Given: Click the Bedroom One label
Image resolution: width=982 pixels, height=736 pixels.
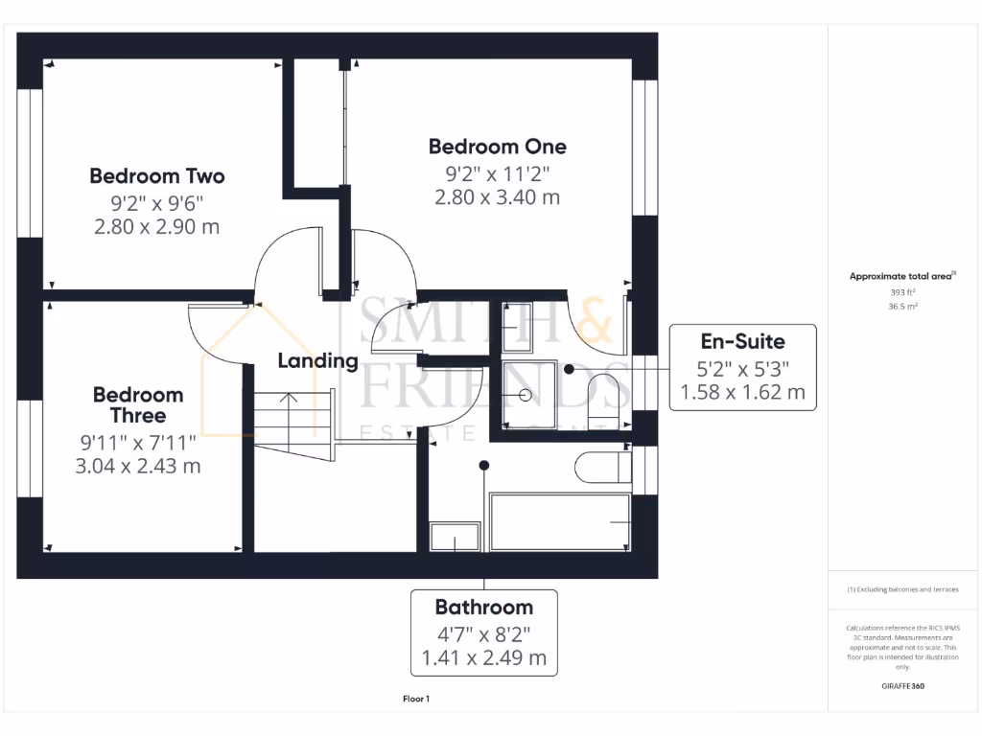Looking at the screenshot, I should pyautogui.click(x=497, y=147).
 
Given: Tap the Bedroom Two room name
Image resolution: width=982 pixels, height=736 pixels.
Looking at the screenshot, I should pyautogui.click(x=157, y=176).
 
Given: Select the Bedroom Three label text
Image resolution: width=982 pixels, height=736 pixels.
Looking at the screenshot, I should pyautogui.click(x=138, y=404).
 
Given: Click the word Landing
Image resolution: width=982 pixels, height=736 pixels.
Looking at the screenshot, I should pyautogui.click(x=317, y=361).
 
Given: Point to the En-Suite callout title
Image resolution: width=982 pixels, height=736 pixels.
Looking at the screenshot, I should pyautogui.click(x=742, y=341).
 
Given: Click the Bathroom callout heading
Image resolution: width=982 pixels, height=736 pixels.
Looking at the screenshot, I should pyautogui.click(x=483, y=607).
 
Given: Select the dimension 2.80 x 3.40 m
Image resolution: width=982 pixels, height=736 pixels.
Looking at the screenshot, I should pyautogui.click(x=497, y=198).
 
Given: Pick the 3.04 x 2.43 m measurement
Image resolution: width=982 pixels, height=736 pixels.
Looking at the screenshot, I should pyautogui.click(x=138, y=467).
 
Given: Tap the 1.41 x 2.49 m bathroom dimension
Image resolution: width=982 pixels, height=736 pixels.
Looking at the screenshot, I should pyautogui.click(x=483, y=658).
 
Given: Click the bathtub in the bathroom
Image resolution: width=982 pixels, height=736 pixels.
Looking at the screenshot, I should pyautogui.click(x=560, y=521).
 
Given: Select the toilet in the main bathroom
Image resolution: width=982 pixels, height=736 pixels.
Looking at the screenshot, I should pyautogui.click(x=602, y=468).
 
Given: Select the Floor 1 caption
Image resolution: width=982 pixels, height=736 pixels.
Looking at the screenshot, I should pyautogui.click(x=416, y=700).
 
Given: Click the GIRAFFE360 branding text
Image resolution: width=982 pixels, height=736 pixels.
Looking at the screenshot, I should pyautogui.click(x=903, y=686).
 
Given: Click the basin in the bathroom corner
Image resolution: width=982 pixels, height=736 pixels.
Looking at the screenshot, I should pyautogui.click(x=446, y=538).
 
